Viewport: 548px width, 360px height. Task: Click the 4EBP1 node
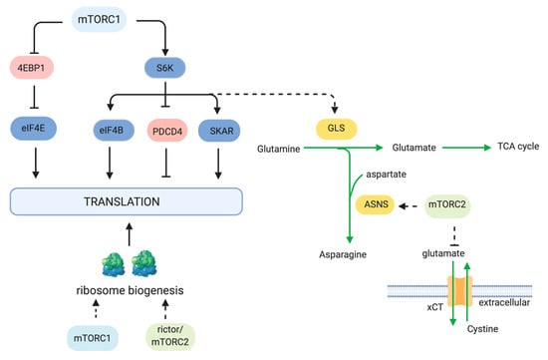click(32, 68)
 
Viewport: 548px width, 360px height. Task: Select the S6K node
click(165, 68)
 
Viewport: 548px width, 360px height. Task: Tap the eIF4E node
click(34, 129)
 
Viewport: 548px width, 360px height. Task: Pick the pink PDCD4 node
click(167, 131)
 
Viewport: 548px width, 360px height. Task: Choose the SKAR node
click(219, 131)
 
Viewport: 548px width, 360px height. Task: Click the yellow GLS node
click(336, 129)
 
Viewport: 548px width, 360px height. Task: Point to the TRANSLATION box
click(127, 201)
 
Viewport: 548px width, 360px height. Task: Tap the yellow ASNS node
click(375, 204)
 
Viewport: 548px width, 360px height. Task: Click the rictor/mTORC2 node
click(170, 336)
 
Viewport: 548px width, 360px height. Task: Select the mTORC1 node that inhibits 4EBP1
click(99, 20)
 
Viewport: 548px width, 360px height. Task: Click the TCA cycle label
click(518, 147)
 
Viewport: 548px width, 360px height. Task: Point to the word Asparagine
click(343, 254)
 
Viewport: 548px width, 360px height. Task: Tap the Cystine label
click(482, 329)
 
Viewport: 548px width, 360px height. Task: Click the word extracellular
click(504, 302)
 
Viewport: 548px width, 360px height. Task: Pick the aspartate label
click(387, 175)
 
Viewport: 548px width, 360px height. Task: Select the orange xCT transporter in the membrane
click(460, 291)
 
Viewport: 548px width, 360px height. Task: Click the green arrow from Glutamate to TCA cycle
click(466, 148)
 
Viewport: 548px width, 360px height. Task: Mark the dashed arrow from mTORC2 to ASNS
click(408, 206)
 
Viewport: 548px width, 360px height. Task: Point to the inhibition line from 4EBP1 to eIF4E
click(34, 97)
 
